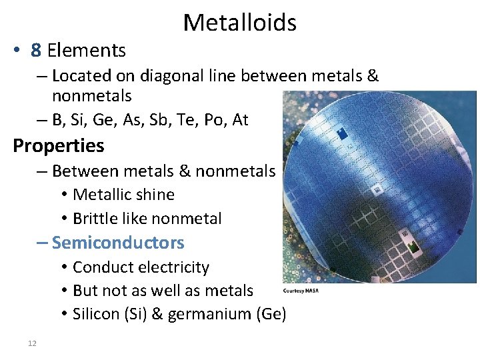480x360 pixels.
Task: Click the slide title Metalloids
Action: pos(239,23)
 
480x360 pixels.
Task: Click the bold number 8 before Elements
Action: pos(36,51)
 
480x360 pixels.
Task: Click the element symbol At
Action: pos(239,120)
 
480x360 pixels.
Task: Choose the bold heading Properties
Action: pos(59,145)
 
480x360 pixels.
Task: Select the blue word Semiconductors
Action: pos(117,243)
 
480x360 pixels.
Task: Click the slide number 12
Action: pos(32,343)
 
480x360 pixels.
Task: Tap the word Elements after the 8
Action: pos(87,51)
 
